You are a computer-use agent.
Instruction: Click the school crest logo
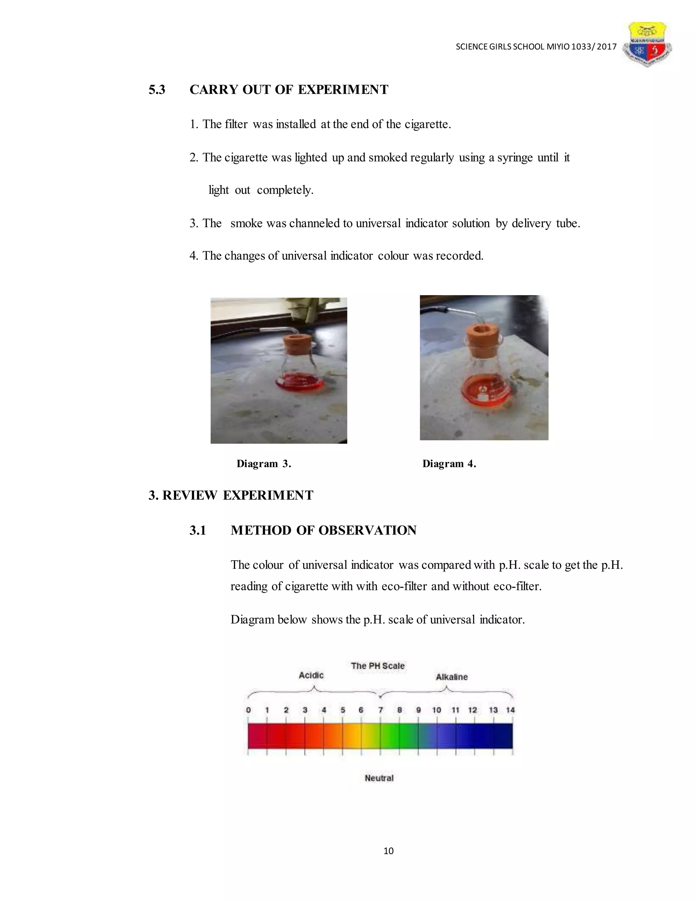[646, 45]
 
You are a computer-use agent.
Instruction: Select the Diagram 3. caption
[264, 464]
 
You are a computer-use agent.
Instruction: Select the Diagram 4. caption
[449, 464]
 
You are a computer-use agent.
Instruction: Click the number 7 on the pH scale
[381, 710]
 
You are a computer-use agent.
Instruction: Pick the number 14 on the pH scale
[510, 710]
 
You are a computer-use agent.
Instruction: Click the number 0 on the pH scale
[248, 710]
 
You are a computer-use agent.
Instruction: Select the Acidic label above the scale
[311, 675]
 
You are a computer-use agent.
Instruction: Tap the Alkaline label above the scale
[452, 677]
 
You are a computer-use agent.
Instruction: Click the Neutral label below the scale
[379, 778]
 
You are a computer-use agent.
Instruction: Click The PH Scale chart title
[377, 666]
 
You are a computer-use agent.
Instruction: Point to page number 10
[388, 851]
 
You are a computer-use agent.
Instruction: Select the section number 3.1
[197, 530]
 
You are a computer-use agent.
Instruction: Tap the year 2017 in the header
[606, 47]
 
